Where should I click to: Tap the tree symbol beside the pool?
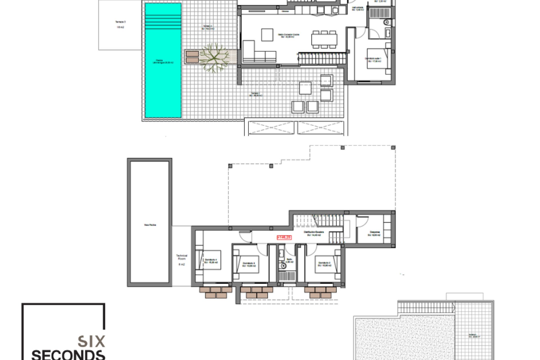point(214,57)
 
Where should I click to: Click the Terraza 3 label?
point(120,22)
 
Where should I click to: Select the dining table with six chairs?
point(324,40)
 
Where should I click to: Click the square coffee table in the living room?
point(267,35)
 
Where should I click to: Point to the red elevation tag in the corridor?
point(284,237)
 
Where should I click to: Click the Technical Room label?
point(182,257)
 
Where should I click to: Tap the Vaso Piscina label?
point(150,225)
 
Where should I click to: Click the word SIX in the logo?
point(91,341)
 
